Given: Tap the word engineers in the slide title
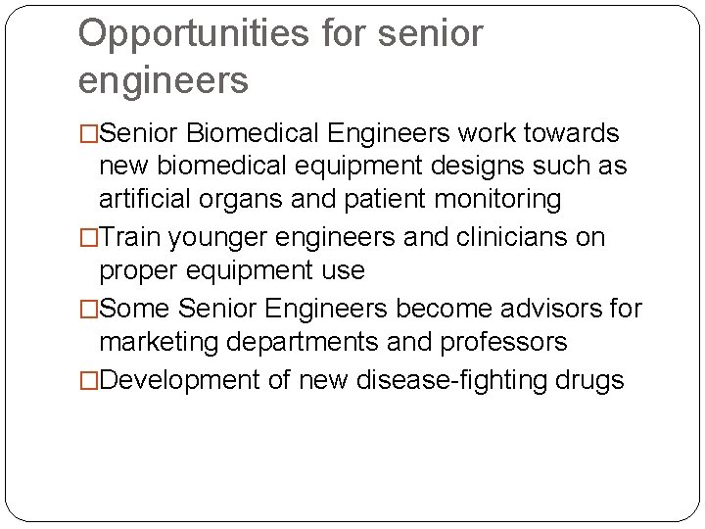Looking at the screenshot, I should click(164, 81).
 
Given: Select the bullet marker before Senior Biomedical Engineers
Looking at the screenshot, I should click(88, 134).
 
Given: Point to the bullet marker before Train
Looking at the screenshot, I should click(88, 238).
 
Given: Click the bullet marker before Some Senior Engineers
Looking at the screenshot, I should click(88, 310).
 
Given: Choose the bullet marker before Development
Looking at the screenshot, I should click(88, 380).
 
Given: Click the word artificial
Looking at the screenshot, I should click(145, 200).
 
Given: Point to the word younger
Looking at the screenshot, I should click(217, 238).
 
